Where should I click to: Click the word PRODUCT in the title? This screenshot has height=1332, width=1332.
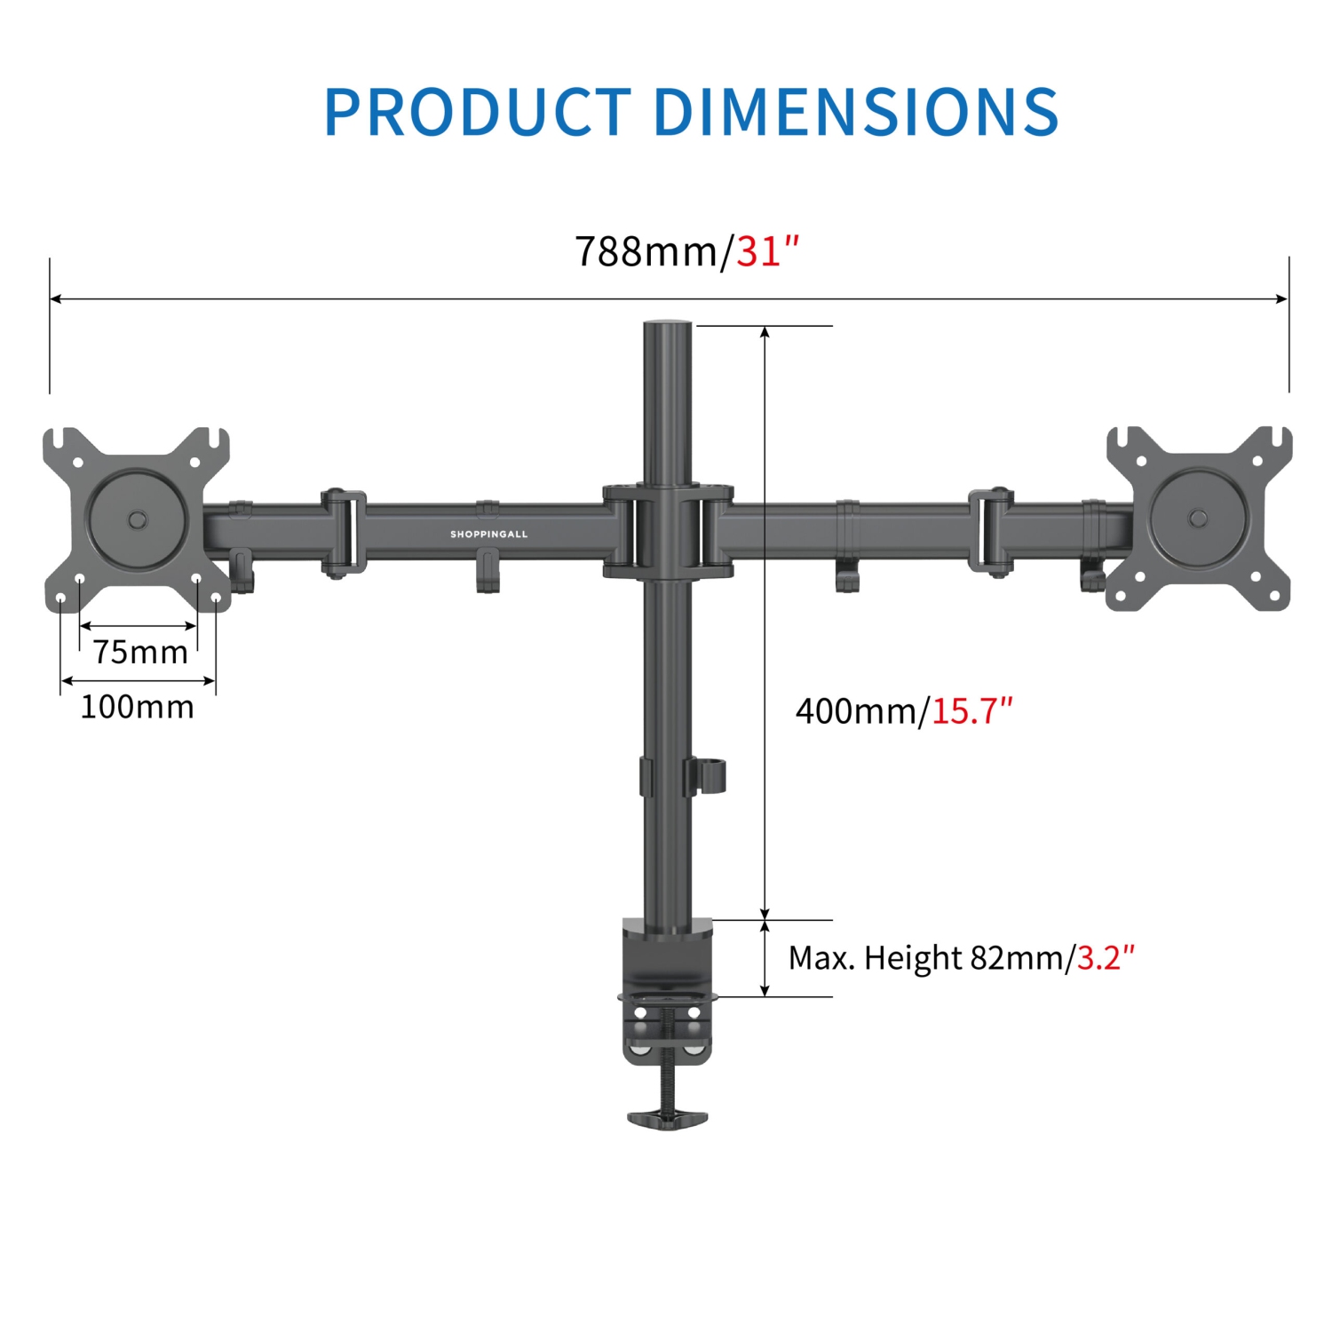(x=478, y=112)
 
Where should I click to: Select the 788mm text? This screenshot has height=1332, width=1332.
(x=647, y=251)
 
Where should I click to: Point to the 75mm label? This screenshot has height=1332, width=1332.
(x=140, y=653)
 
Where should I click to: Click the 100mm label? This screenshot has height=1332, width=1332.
(x=138, y=708)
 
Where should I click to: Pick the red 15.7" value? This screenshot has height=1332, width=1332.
(x=971, y=711)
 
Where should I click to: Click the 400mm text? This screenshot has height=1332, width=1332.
(x=856, y=711)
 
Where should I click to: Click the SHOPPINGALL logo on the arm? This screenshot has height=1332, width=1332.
(x=488, y=535)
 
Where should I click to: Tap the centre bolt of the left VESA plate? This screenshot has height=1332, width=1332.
(x=138, y=519)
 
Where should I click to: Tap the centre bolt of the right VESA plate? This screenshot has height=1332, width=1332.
(x=1198, y=517)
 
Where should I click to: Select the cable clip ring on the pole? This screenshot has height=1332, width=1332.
(x=715, y=775)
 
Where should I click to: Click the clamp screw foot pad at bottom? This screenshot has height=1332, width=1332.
(x=668, y=1118)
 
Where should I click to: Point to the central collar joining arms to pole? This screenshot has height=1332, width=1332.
(x=668, y=531)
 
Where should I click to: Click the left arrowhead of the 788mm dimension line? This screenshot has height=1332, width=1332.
(x=55, y=299)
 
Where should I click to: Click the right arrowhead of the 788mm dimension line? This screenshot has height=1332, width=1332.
(x=1282, y=299)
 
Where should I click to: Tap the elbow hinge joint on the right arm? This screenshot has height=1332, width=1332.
(x=991, y=532)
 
